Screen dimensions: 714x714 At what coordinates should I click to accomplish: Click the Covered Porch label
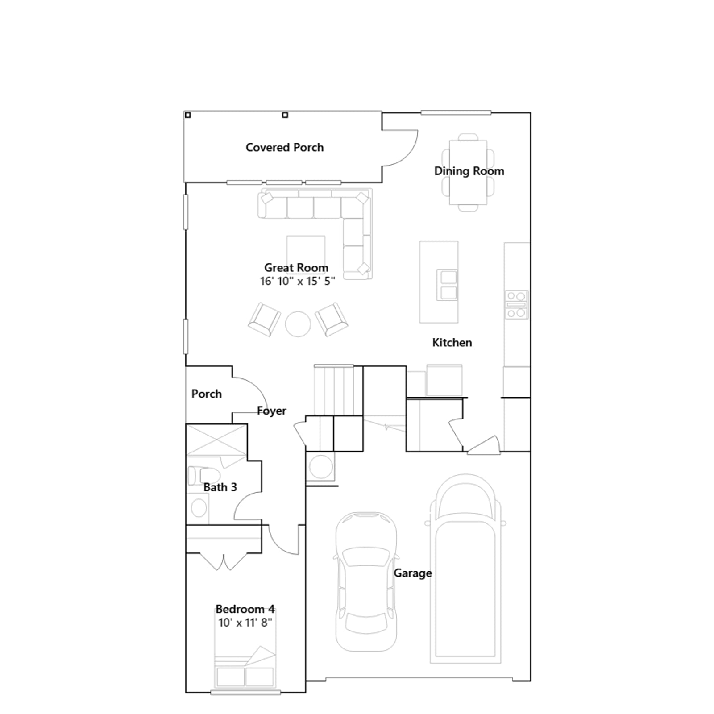[x=285, y=147]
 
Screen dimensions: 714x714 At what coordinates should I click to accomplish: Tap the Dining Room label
[x=469, y=171]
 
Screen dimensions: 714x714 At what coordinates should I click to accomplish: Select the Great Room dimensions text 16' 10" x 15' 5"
[x=297, y=281]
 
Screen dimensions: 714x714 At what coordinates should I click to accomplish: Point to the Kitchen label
[x=452, y=342]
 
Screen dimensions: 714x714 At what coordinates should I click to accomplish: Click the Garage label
[x=413, y=573]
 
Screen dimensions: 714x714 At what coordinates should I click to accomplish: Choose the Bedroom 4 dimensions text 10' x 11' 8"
[x=245, y=623]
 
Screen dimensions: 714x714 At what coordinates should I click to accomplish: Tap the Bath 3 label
[x=220, y=487]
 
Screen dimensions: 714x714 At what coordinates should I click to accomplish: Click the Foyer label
[x=272, y=411]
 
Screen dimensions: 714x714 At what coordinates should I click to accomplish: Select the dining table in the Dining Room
[x=468, y=173]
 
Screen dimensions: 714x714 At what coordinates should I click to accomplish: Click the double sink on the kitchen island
[x=447, y=285]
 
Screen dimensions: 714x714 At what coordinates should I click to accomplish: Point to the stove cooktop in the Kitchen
[x=516, y=305]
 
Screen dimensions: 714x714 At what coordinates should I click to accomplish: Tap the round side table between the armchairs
[x=298, y=324]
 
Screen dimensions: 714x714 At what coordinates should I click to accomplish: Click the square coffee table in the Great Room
[x=306, y=251]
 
